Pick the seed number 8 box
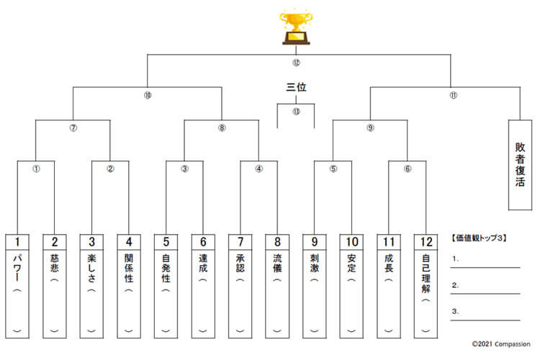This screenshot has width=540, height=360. [x=277, y=242]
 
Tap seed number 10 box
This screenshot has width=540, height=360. [x=352, y=242]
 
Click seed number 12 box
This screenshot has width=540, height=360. [x=426, y=242]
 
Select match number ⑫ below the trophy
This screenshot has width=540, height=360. [x=296, y=62]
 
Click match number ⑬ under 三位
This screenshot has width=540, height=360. [x=296, y=112]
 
